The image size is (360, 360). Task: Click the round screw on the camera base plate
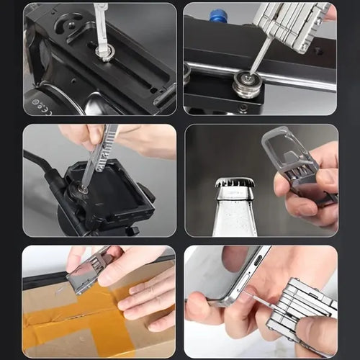tap(105, 52)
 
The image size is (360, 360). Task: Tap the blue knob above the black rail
tap(217, 15)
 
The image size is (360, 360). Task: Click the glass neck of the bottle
tap(235, 212)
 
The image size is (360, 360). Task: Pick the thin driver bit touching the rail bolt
tap(261, 58)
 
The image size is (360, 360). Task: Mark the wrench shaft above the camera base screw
tap(102, 25)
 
